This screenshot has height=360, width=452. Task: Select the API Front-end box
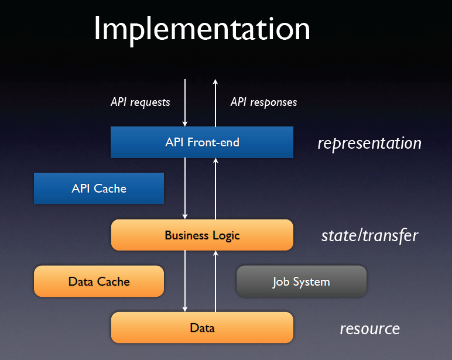pyautogui.click(x=202, y=142)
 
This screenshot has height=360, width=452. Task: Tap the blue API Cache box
pyautogui.click(x=98, y=188)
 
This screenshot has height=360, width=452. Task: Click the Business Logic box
pyautogui.click(x=202, y=235)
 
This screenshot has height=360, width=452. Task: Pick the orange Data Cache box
pyautogui.click(x=98, y=282)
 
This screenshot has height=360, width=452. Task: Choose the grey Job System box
pyautogui.click(x=301, y=282)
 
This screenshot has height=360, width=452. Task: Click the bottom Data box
pyautogui.click(x=202, y=327)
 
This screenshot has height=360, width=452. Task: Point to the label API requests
pyautogui.click(x=140, y=102)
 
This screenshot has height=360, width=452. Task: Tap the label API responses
pyautogui.click(x=263, y=102)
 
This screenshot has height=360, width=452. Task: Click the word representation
pyautogui.click(x=369, y=143)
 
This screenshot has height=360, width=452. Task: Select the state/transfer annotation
pyautogui.click(x=369, y=236)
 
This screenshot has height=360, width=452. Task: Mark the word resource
pyautogui.click(x=369, y=328)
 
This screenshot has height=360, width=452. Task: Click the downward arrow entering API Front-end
pyautogui.click(x=186, y=102)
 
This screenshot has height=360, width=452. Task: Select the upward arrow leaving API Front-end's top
pyautogui.click(x=215, y=102)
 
